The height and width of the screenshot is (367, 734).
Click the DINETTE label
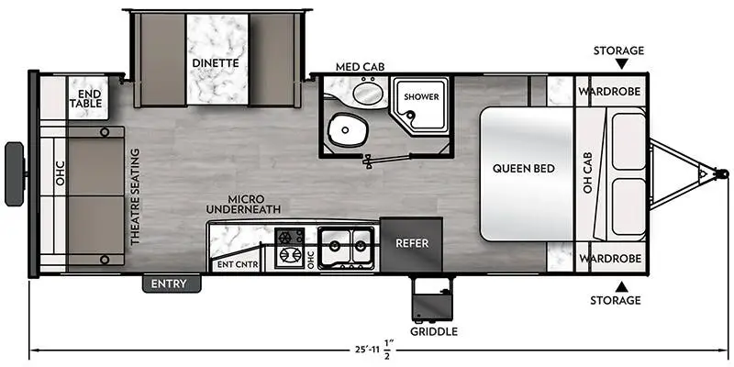[x=216, y=63]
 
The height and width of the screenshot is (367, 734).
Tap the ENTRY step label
[x=171, y=284]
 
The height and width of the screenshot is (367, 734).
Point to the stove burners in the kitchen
[x=290, y=246]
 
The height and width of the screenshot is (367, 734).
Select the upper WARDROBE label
[x=609, y=93]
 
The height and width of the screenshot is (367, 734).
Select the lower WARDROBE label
[x=609, y=258]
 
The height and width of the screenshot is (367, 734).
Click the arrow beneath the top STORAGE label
[x=620, y=64]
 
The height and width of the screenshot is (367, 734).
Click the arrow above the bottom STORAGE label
[x=620, y=285]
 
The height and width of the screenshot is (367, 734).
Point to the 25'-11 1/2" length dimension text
[x=370, y=350]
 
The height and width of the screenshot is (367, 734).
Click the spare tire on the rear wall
[x=15, y=173]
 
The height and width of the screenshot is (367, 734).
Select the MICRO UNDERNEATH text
[x=241, y=203]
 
